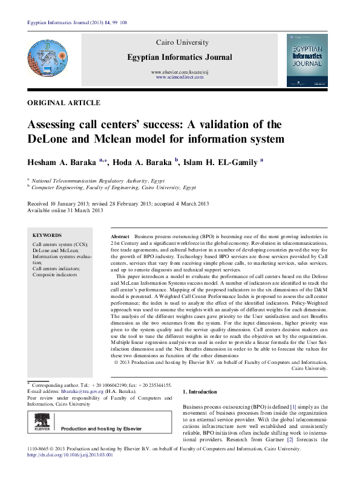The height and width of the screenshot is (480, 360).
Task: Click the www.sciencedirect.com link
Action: pyautogui.click(x=178, y=78)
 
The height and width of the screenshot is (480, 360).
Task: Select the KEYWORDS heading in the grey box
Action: pyautogui.click(x=47, y=235)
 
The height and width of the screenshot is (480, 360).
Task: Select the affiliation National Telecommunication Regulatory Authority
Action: pyautogui.click(x=91, y=180)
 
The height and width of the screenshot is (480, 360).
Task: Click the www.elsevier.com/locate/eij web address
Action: pyautogui.click(x=178, y=73)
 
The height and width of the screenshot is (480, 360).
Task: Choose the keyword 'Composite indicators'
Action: pyautogui.click(x=55, y=274)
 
